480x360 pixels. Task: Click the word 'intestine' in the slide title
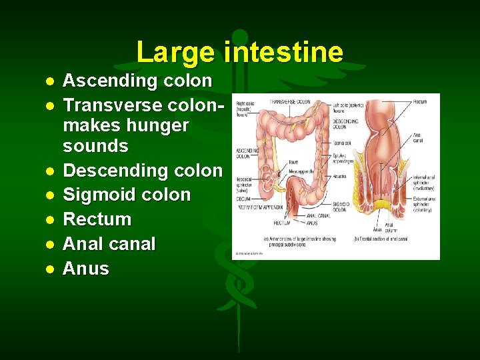coord(284,52)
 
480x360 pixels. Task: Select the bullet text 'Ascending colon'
coord(137,81)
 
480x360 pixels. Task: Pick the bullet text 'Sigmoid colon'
coord(126,195)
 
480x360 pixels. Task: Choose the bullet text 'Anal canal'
coord(109,244)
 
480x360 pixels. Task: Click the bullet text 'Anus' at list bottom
coord(85,269)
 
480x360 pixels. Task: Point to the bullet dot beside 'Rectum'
coord(49,219)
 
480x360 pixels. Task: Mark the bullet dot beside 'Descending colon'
coord(49,171)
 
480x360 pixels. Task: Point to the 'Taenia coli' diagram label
coord(342,142)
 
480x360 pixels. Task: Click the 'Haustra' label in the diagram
coord(340,176)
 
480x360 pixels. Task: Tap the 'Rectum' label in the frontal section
coord(419,102)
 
